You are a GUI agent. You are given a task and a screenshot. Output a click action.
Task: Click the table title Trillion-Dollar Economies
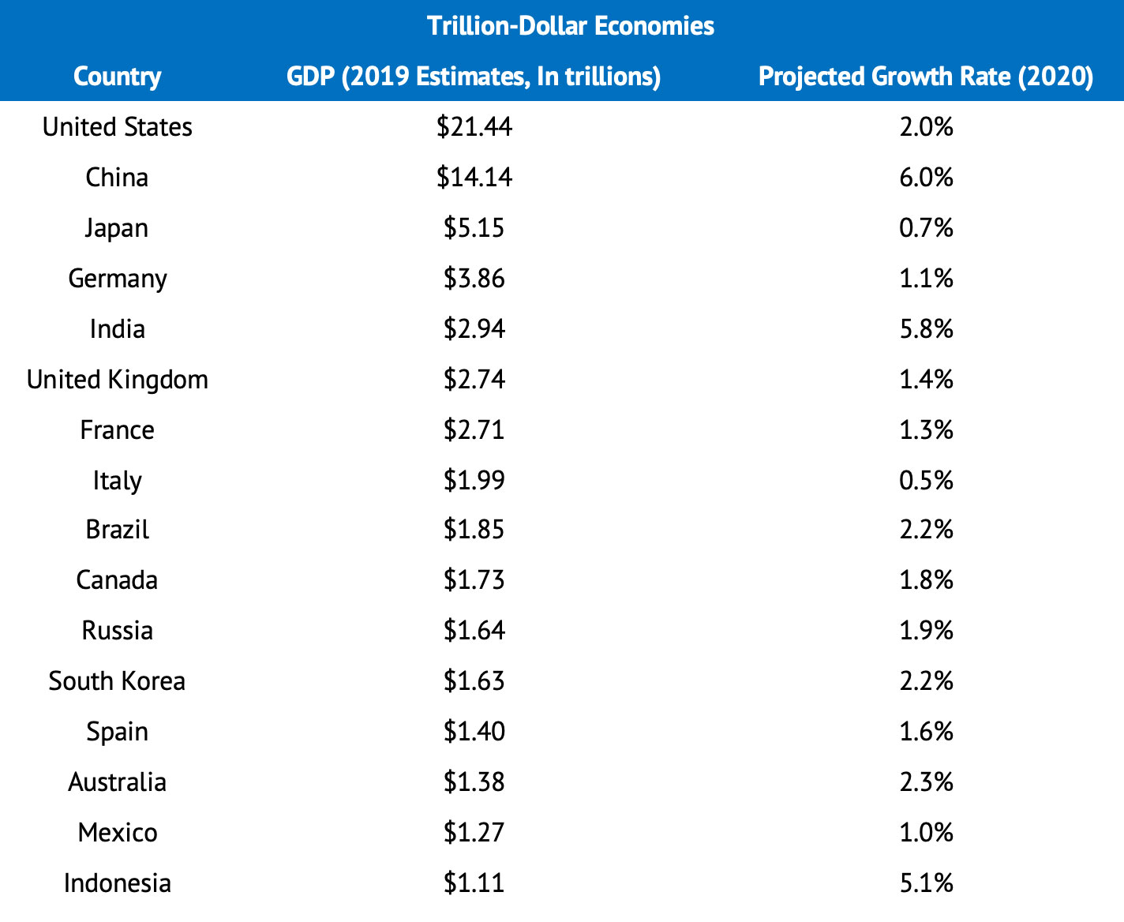(570, 26)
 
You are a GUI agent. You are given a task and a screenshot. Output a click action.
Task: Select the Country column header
(117, 77)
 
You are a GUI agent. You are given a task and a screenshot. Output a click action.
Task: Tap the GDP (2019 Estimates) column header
(474, 77)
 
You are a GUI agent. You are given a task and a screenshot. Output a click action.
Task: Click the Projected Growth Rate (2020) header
(925, 77)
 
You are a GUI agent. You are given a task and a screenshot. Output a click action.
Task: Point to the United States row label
(117, 127)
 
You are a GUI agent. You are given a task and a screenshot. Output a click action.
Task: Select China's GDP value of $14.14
(474, 178)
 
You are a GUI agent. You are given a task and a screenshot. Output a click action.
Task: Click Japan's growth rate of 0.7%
(926, 228)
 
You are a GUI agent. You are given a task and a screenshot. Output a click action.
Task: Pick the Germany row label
(117, 279)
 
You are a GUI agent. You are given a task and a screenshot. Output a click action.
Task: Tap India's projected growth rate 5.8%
(926, 329)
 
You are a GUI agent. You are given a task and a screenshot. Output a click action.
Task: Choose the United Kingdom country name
(117, 380)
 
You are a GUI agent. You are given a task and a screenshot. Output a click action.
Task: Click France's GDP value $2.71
(474, 430)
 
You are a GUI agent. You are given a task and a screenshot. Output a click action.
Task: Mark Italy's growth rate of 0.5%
(926, 480)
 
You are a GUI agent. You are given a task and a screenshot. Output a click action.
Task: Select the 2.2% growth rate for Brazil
(926, 530)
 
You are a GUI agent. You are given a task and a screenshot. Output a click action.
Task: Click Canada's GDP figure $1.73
(474, 580)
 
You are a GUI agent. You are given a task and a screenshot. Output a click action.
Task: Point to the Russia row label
(117, 631)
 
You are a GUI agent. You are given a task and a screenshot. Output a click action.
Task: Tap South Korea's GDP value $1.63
(474, 681)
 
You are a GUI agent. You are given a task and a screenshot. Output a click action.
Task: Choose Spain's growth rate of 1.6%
(926, 732)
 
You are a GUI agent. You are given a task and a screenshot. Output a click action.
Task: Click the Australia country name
(117, 782)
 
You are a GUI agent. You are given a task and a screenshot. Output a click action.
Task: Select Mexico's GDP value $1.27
(474, 833)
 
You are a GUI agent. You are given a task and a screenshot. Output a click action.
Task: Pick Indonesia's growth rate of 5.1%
(926, 883)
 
